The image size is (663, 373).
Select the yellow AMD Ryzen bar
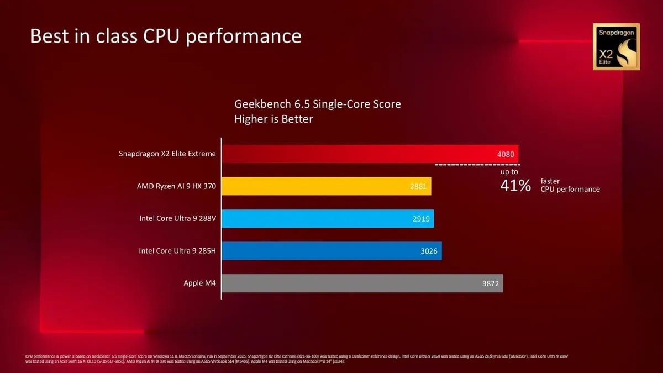326,186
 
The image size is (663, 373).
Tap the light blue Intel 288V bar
328,218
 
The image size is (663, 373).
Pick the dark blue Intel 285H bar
331,251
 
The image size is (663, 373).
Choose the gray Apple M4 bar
362,283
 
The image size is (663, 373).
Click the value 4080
506,154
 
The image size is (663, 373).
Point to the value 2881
418,186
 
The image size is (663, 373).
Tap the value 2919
421,219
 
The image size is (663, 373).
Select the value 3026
429,251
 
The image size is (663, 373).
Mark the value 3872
491,283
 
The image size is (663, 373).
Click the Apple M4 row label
199,283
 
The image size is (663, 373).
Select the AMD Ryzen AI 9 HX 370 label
176,186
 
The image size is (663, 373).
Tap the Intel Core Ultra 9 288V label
177,218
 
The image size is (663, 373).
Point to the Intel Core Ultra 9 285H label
177,251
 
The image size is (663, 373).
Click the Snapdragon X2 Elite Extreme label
167,154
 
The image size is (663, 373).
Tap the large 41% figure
515,186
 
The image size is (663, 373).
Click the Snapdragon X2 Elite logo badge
616,46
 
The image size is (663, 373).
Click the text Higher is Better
273,119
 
